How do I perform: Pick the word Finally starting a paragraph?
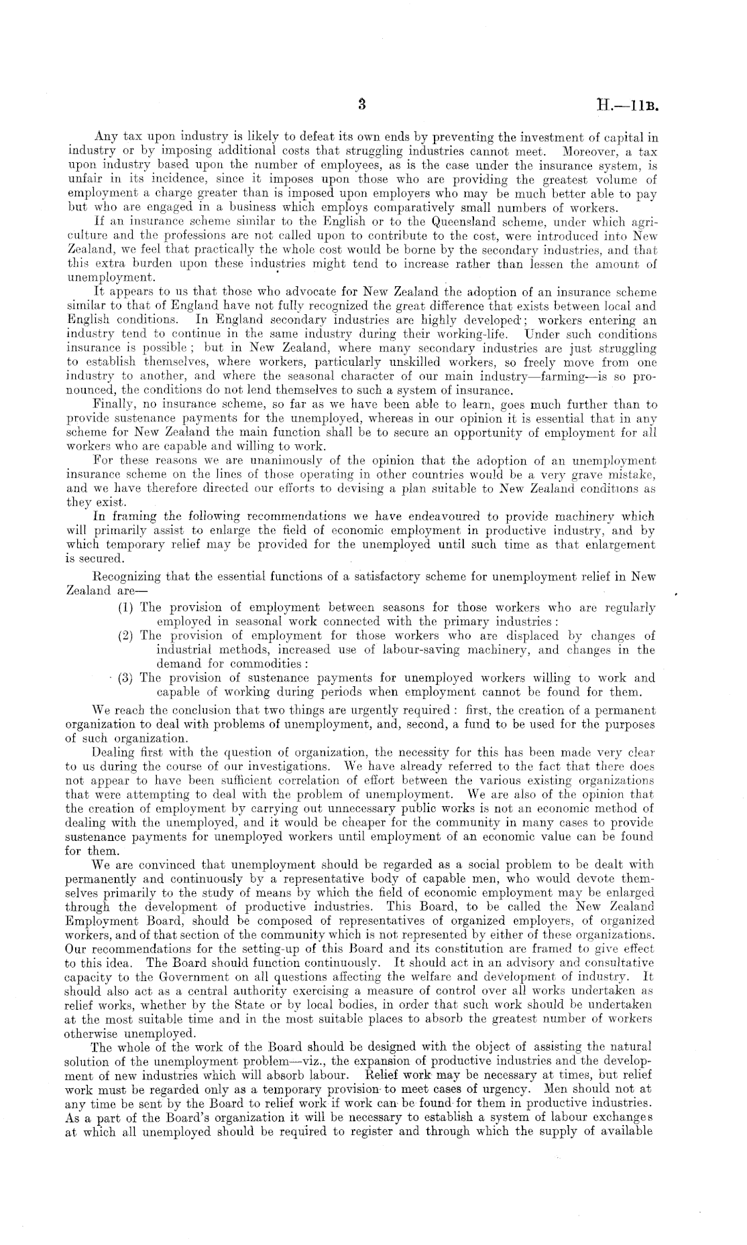(114, 405)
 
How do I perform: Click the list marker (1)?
(126, 608)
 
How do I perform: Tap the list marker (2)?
(126, 635)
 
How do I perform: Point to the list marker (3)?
(126, 677)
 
